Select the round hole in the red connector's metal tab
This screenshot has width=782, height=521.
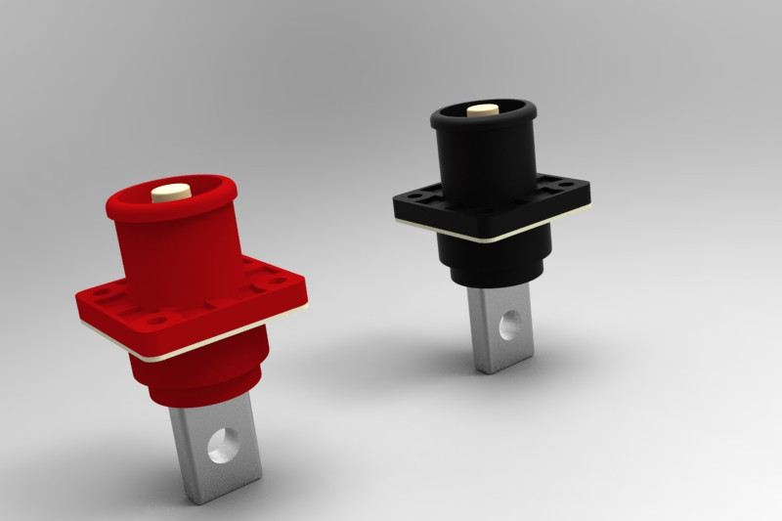click(x=224, y=445)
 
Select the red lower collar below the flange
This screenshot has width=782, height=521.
click(x=200, y=376)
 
